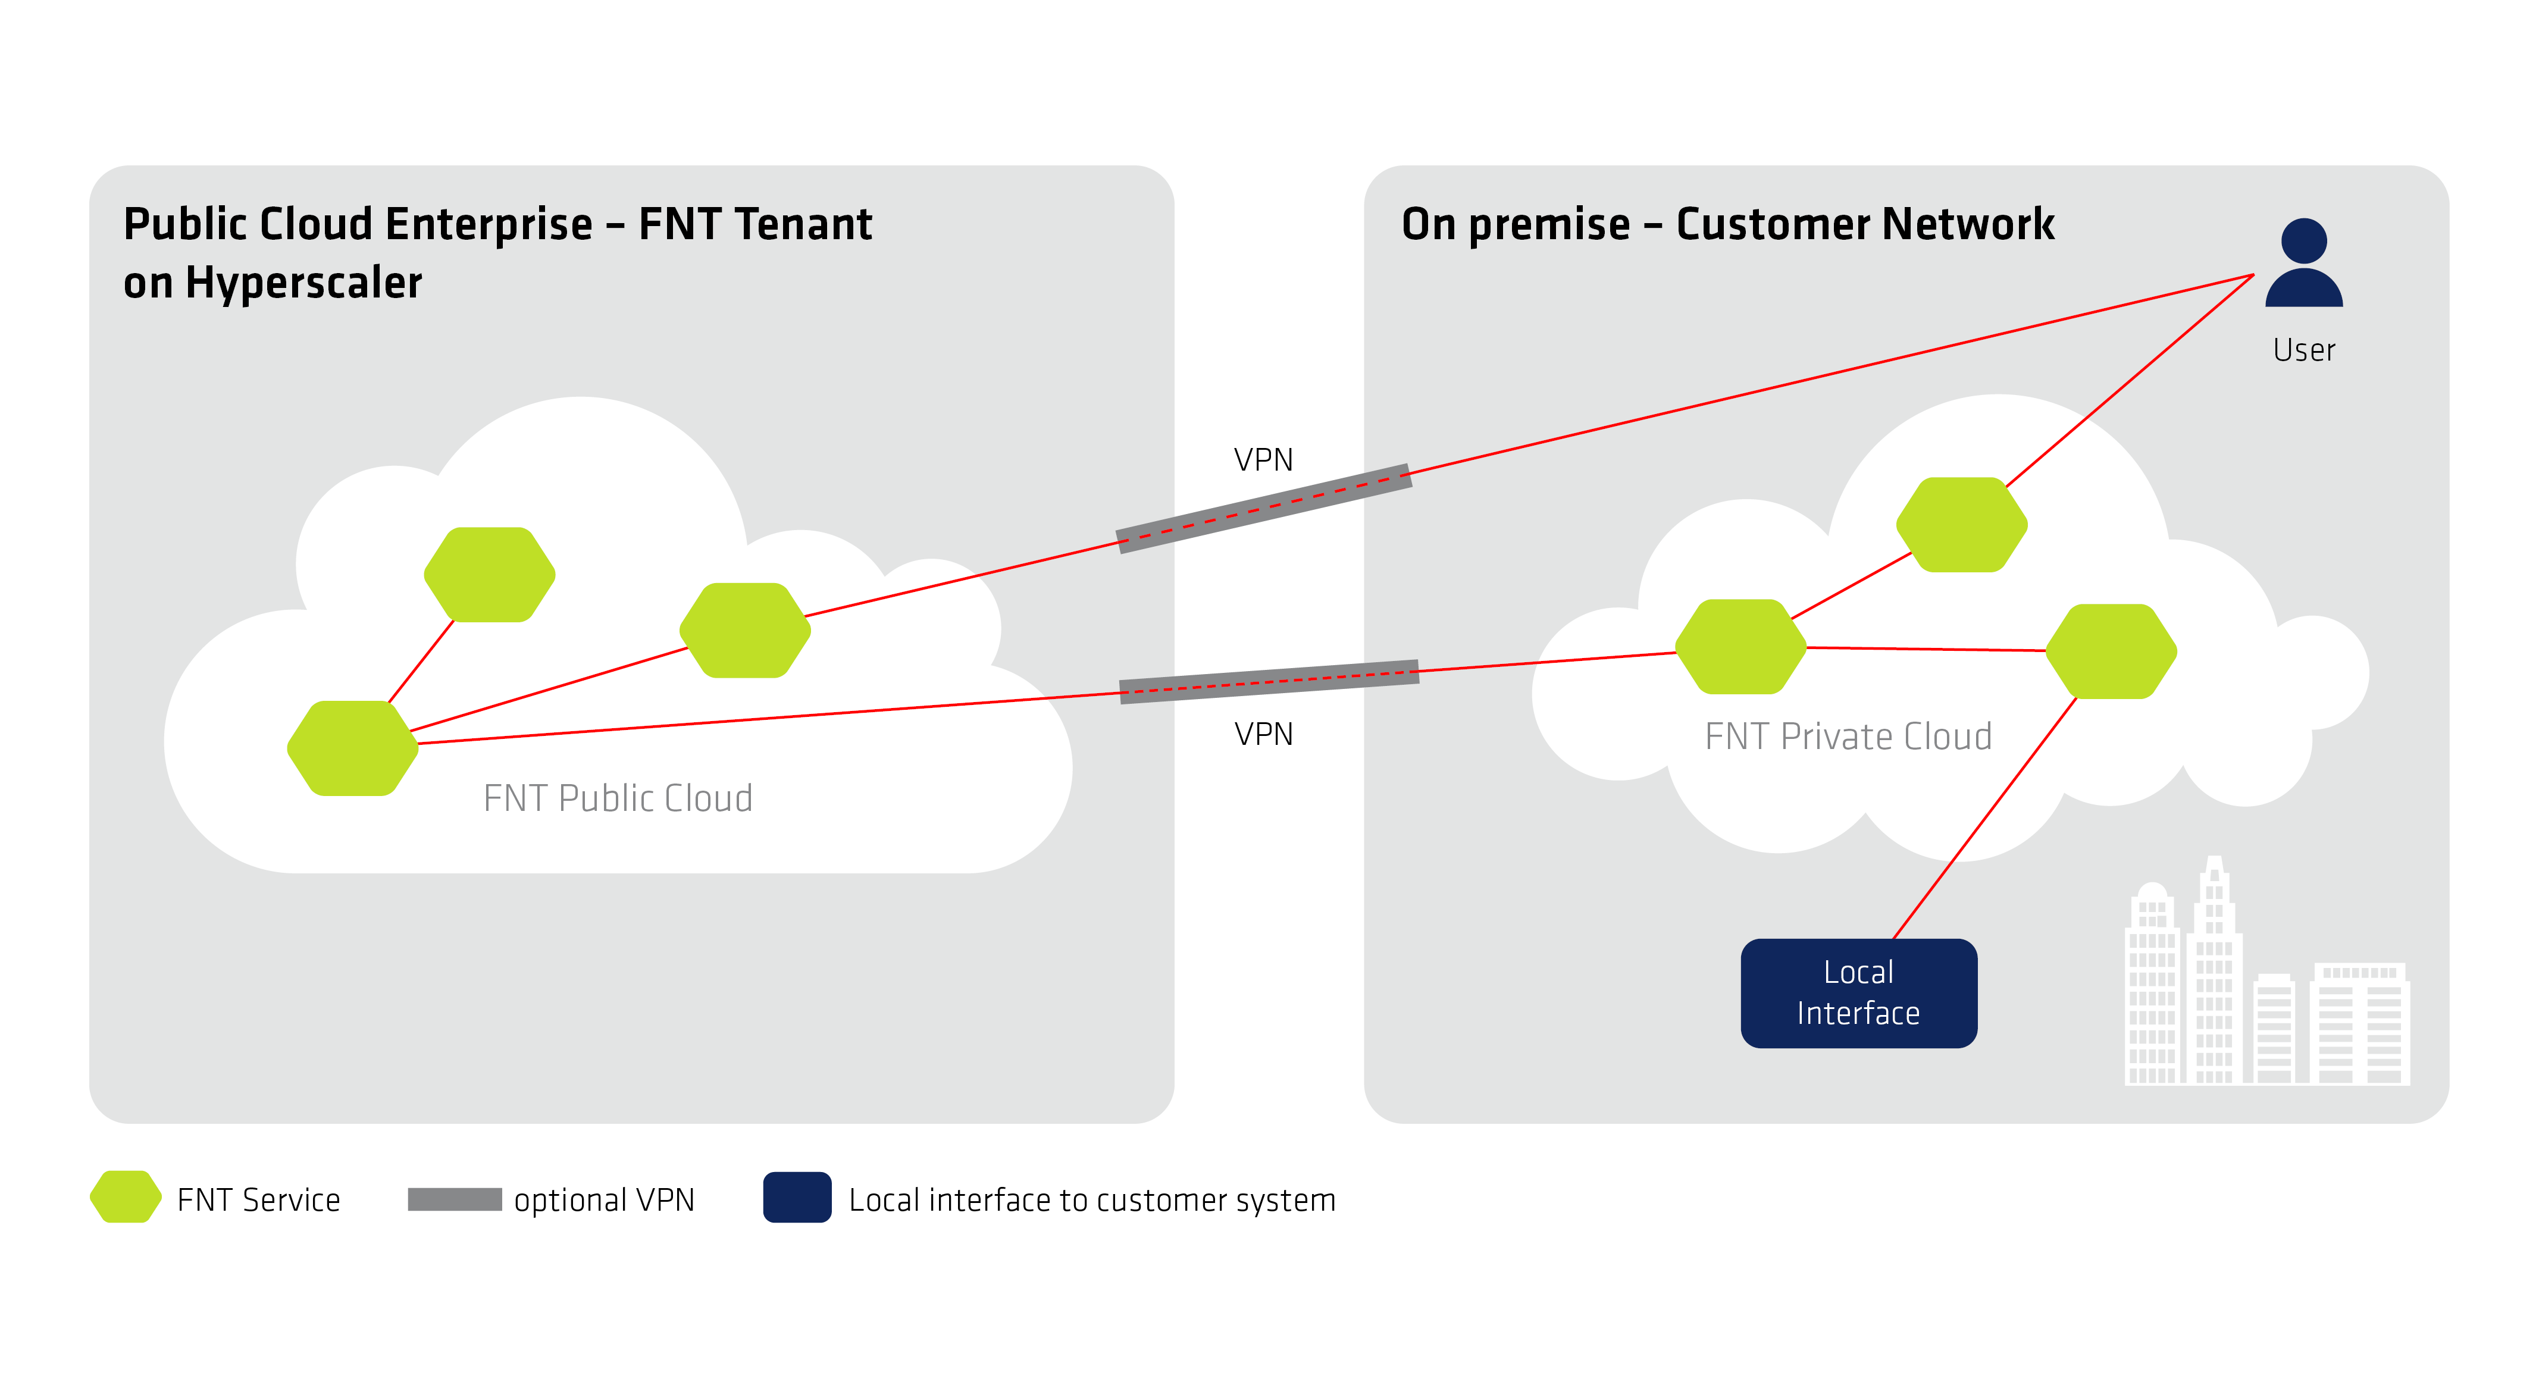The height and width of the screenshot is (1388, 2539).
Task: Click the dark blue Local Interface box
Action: coord(1858,993)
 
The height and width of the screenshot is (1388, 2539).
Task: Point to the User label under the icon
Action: coord(2303,350)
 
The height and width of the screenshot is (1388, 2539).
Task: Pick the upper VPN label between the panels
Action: coord(1263,459)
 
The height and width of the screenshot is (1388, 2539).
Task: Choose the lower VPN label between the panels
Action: coord(1263,734)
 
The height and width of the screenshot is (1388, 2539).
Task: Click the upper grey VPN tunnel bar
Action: coord(1264,509)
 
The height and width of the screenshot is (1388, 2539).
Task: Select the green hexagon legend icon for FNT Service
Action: coord(125,1198)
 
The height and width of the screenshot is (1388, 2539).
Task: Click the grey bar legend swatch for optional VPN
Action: coord(455,1199)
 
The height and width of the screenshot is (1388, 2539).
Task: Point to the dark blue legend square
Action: coord(796,1198)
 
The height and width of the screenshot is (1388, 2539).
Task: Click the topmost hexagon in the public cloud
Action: coord(489,575)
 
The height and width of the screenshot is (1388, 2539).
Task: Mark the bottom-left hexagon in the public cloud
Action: coord(352,748)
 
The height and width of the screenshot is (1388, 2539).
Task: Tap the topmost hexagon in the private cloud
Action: coord(1961,525)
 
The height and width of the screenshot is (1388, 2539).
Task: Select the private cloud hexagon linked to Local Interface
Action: coord(2110,651)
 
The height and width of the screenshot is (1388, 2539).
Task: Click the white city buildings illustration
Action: coord(2267,986)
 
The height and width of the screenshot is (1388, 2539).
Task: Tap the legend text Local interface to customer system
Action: coord(1092,1200)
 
